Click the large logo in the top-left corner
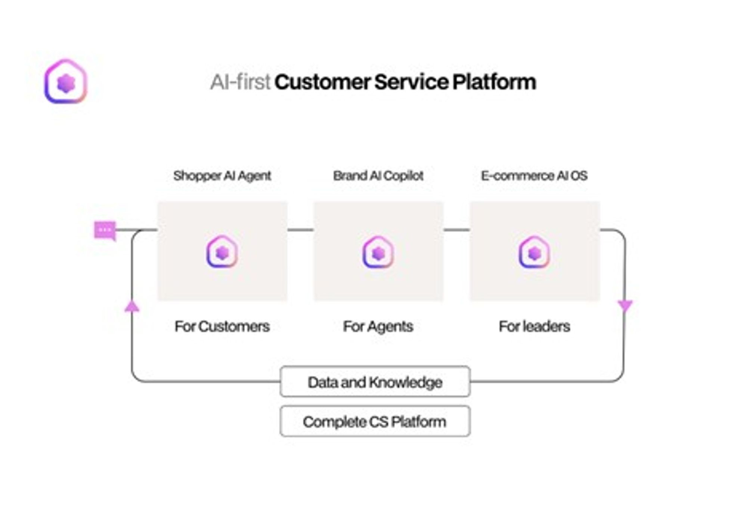[x=66, y=81]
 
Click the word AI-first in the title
[x=240, y=82]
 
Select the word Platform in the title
[x=494, y=82]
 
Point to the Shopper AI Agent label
[x=222, y=176]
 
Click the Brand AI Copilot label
[x=378, y=176]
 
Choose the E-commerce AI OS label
[x=534, y=176]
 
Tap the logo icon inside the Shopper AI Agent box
[x=222, y=252]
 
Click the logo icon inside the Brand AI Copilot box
[x=378, y=253]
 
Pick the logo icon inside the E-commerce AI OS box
[x=534, y=253]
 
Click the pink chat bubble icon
[x=105, y=230]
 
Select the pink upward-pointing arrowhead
[x=132, y=307]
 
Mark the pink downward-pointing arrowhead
[x=625, y=306]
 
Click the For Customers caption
[x=222, y=327]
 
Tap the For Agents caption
[x=378, y=327]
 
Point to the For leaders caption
[x=534, y=327]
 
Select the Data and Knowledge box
[x=375, y=382]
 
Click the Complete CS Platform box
[x=375, y=422]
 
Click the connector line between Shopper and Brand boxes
[x=300, y=230]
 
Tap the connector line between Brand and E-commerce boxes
[x=456, y=230]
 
